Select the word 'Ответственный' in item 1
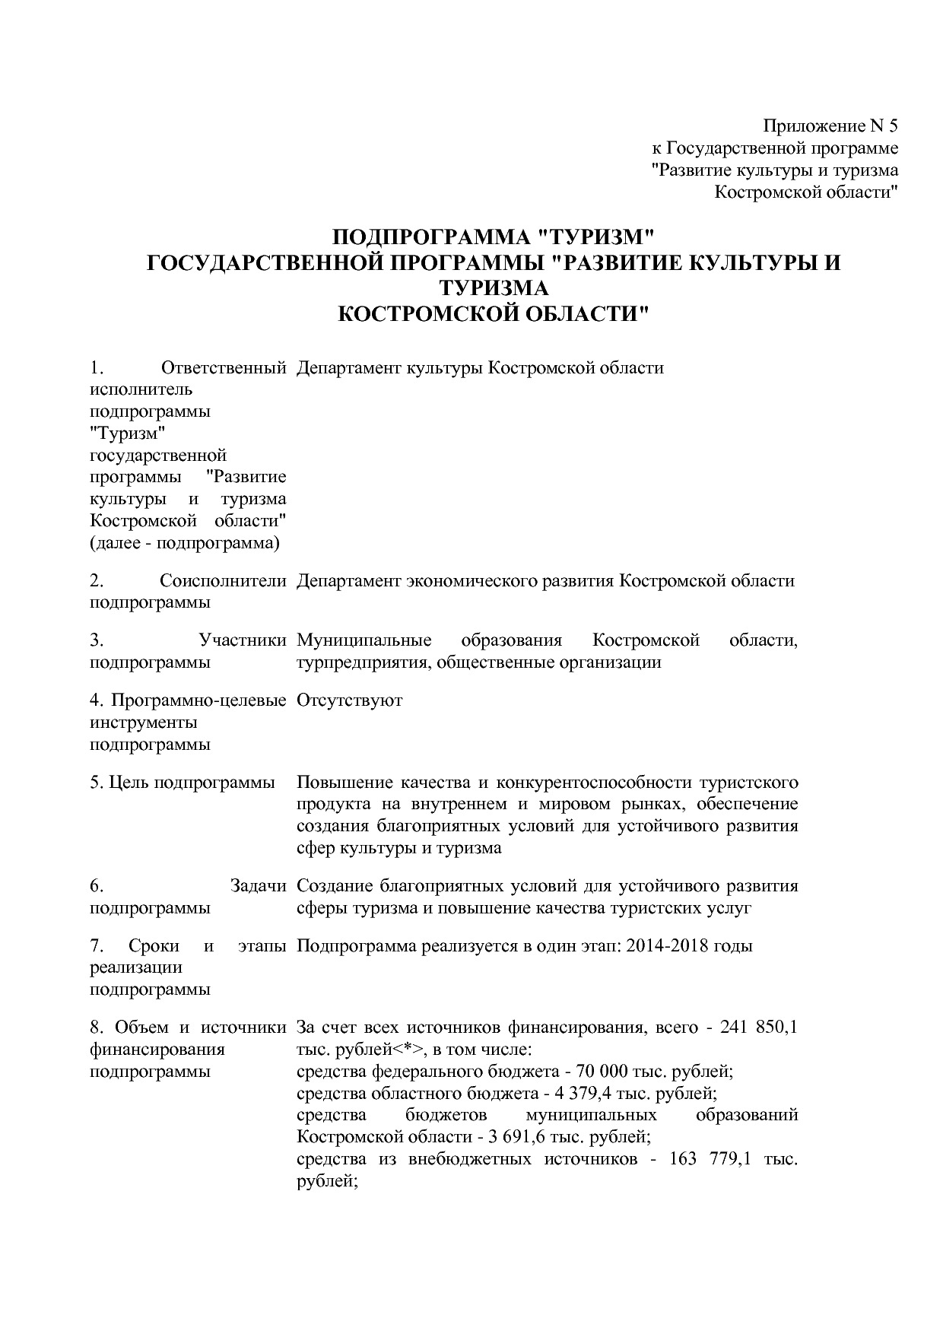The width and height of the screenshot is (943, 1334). (x=224, y=368)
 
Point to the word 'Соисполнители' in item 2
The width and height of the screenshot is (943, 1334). (x=223, y=581)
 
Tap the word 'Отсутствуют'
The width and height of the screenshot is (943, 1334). (x=349, y=700)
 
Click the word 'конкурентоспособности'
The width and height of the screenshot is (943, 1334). (x=594, y=783)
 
